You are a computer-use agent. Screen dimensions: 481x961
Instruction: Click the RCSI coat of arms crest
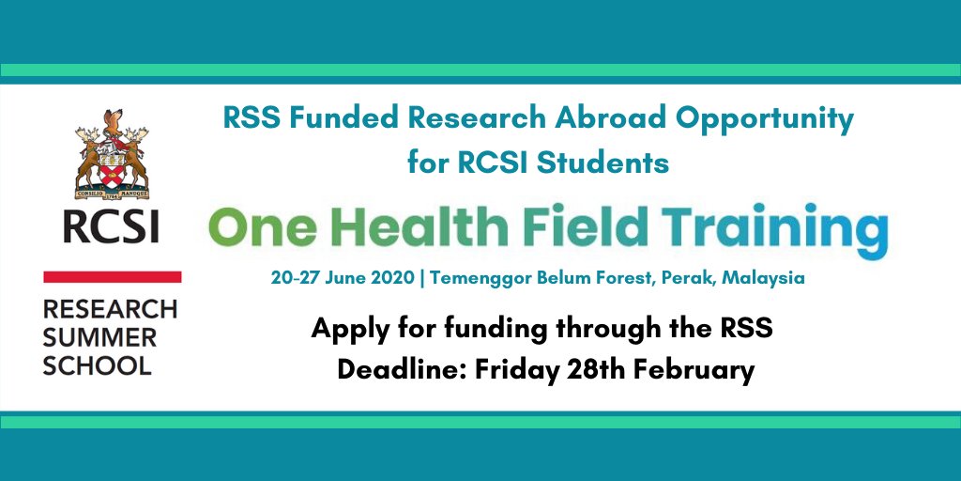tap(111, 154)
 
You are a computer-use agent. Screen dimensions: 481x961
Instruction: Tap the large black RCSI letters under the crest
tap(111, 226)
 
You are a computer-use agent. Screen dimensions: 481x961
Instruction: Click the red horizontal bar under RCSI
tap(113, 277)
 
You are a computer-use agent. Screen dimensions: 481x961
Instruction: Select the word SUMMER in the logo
tap(99, 337)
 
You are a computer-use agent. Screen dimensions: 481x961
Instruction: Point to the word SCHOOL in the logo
tap(97, 365)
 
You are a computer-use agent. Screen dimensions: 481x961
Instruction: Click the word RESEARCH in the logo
tap(110, 309)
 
